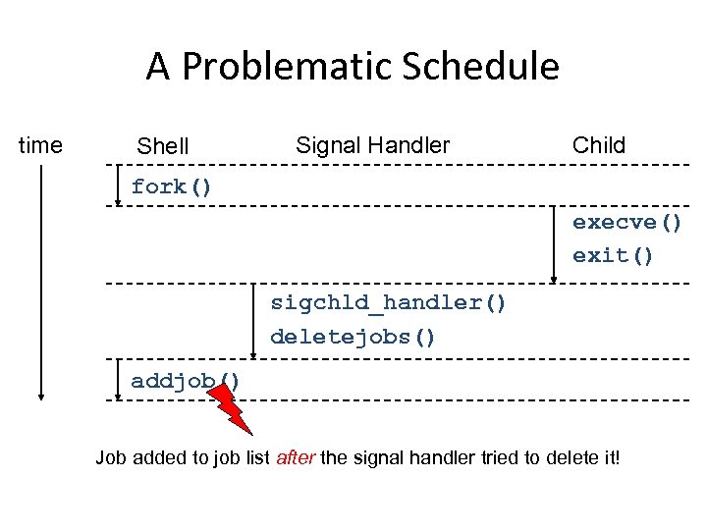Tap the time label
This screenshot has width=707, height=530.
coord(41,146)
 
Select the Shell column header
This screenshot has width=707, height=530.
coord(163,147)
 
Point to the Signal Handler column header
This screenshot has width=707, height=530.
coord(372,146)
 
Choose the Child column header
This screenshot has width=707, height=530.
coord(598,146)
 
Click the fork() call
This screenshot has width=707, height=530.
coord(172,186)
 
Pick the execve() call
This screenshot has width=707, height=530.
coord(627,222)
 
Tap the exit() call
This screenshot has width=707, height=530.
coord(614,255)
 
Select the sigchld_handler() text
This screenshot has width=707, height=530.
coord(389,302)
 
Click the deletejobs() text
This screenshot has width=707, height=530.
coord(353,337)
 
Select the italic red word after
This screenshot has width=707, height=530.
coord(296,457)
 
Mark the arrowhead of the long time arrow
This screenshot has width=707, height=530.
coord(41,395)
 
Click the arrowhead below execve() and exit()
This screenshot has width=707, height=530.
coord(554,278)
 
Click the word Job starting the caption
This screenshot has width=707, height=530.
coord(110,457)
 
